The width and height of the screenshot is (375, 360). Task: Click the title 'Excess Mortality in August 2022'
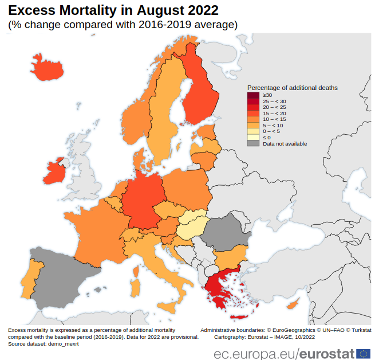coord(112,10)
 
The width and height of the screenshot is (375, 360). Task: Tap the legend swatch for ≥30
coord(253,95)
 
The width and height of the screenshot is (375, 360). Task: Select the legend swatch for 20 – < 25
coord(253,107)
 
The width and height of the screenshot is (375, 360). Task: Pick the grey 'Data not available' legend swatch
coord(253,143)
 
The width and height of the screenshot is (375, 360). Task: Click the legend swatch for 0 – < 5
coord(253,131)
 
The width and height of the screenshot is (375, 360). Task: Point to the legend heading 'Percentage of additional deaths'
coord(292,88)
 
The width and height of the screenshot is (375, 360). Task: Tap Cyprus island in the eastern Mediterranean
coord(293,304)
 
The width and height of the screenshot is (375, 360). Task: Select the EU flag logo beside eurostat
coord(363,353)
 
